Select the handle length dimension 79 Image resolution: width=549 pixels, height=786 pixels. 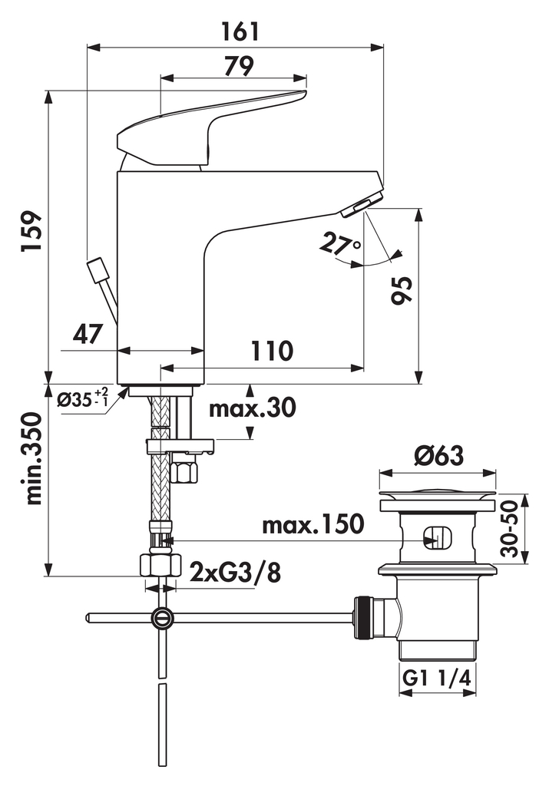pyautogui.click(x=239, y=66)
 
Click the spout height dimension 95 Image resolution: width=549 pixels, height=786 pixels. pyautogui.click(x=402, y=289)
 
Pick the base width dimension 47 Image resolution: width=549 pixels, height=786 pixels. pyautogui.click(x=88, y=334)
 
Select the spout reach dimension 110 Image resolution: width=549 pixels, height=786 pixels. pyautogui.click(x=271, y=351)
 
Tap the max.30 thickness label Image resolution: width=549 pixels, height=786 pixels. pyautogui.click(x=252, y=408)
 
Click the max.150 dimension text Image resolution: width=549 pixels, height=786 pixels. pyautogui.click(x=313, y=525)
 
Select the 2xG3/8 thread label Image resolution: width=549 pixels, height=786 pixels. pyautogui.click(x=235, y=573)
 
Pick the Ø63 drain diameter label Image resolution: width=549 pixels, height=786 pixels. pyautogui.click(x=438, y=456)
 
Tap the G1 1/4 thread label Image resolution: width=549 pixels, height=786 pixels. pyautogui.click(x=437, y=679)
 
